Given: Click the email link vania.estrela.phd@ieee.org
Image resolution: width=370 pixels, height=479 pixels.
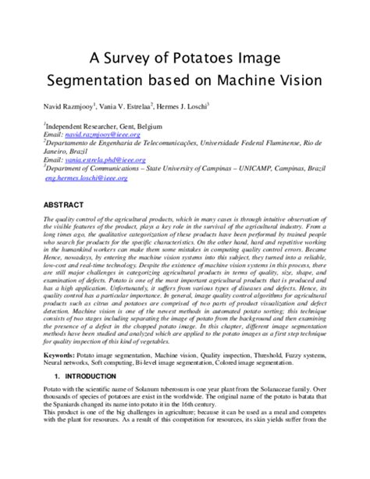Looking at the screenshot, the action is [x=105, y=160].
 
